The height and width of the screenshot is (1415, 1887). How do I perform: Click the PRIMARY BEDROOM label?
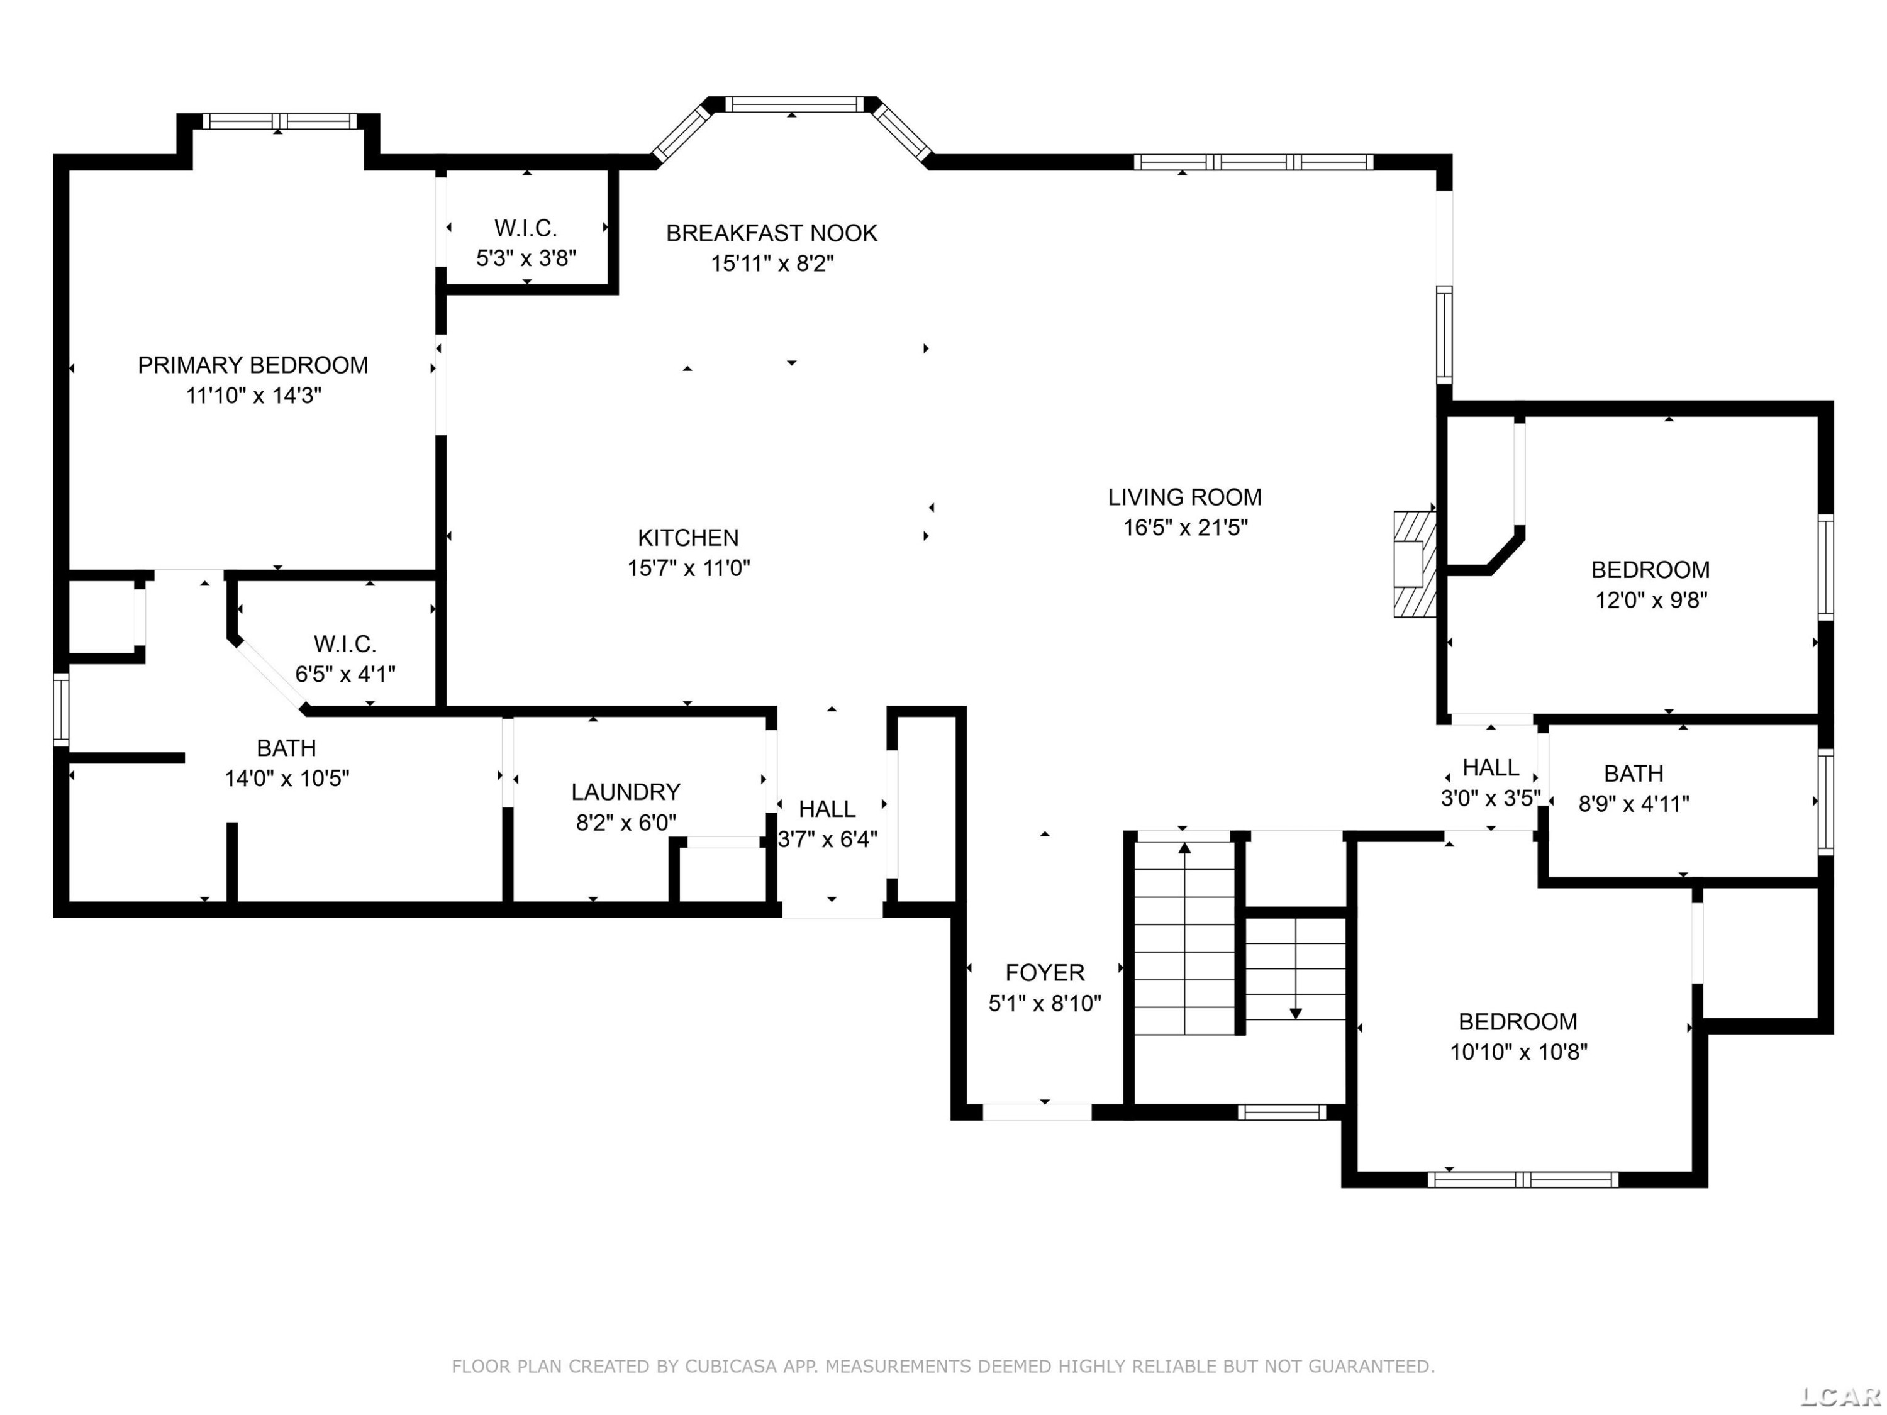253,365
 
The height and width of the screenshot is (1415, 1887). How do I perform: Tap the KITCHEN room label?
688,538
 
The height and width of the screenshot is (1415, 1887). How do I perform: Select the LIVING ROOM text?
1185,497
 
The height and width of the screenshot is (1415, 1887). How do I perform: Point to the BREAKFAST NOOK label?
772,233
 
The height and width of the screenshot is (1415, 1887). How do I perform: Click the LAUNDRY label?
626,792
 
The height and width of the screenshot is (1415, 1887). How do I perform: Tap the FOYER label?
1045,972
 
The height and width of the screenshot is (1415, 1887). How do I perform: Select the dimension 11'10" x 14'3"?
253,396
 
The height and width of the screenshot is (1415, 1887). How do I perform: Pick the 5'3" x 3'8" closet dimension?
526,258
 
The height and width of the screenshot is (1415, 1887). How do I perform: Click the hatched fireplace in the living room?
1415,563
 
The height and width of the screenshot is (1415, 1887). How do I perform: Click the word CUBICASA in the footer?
730,1367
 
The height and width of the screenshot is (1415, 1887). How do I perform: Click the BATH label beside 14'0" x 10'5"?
287,748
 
